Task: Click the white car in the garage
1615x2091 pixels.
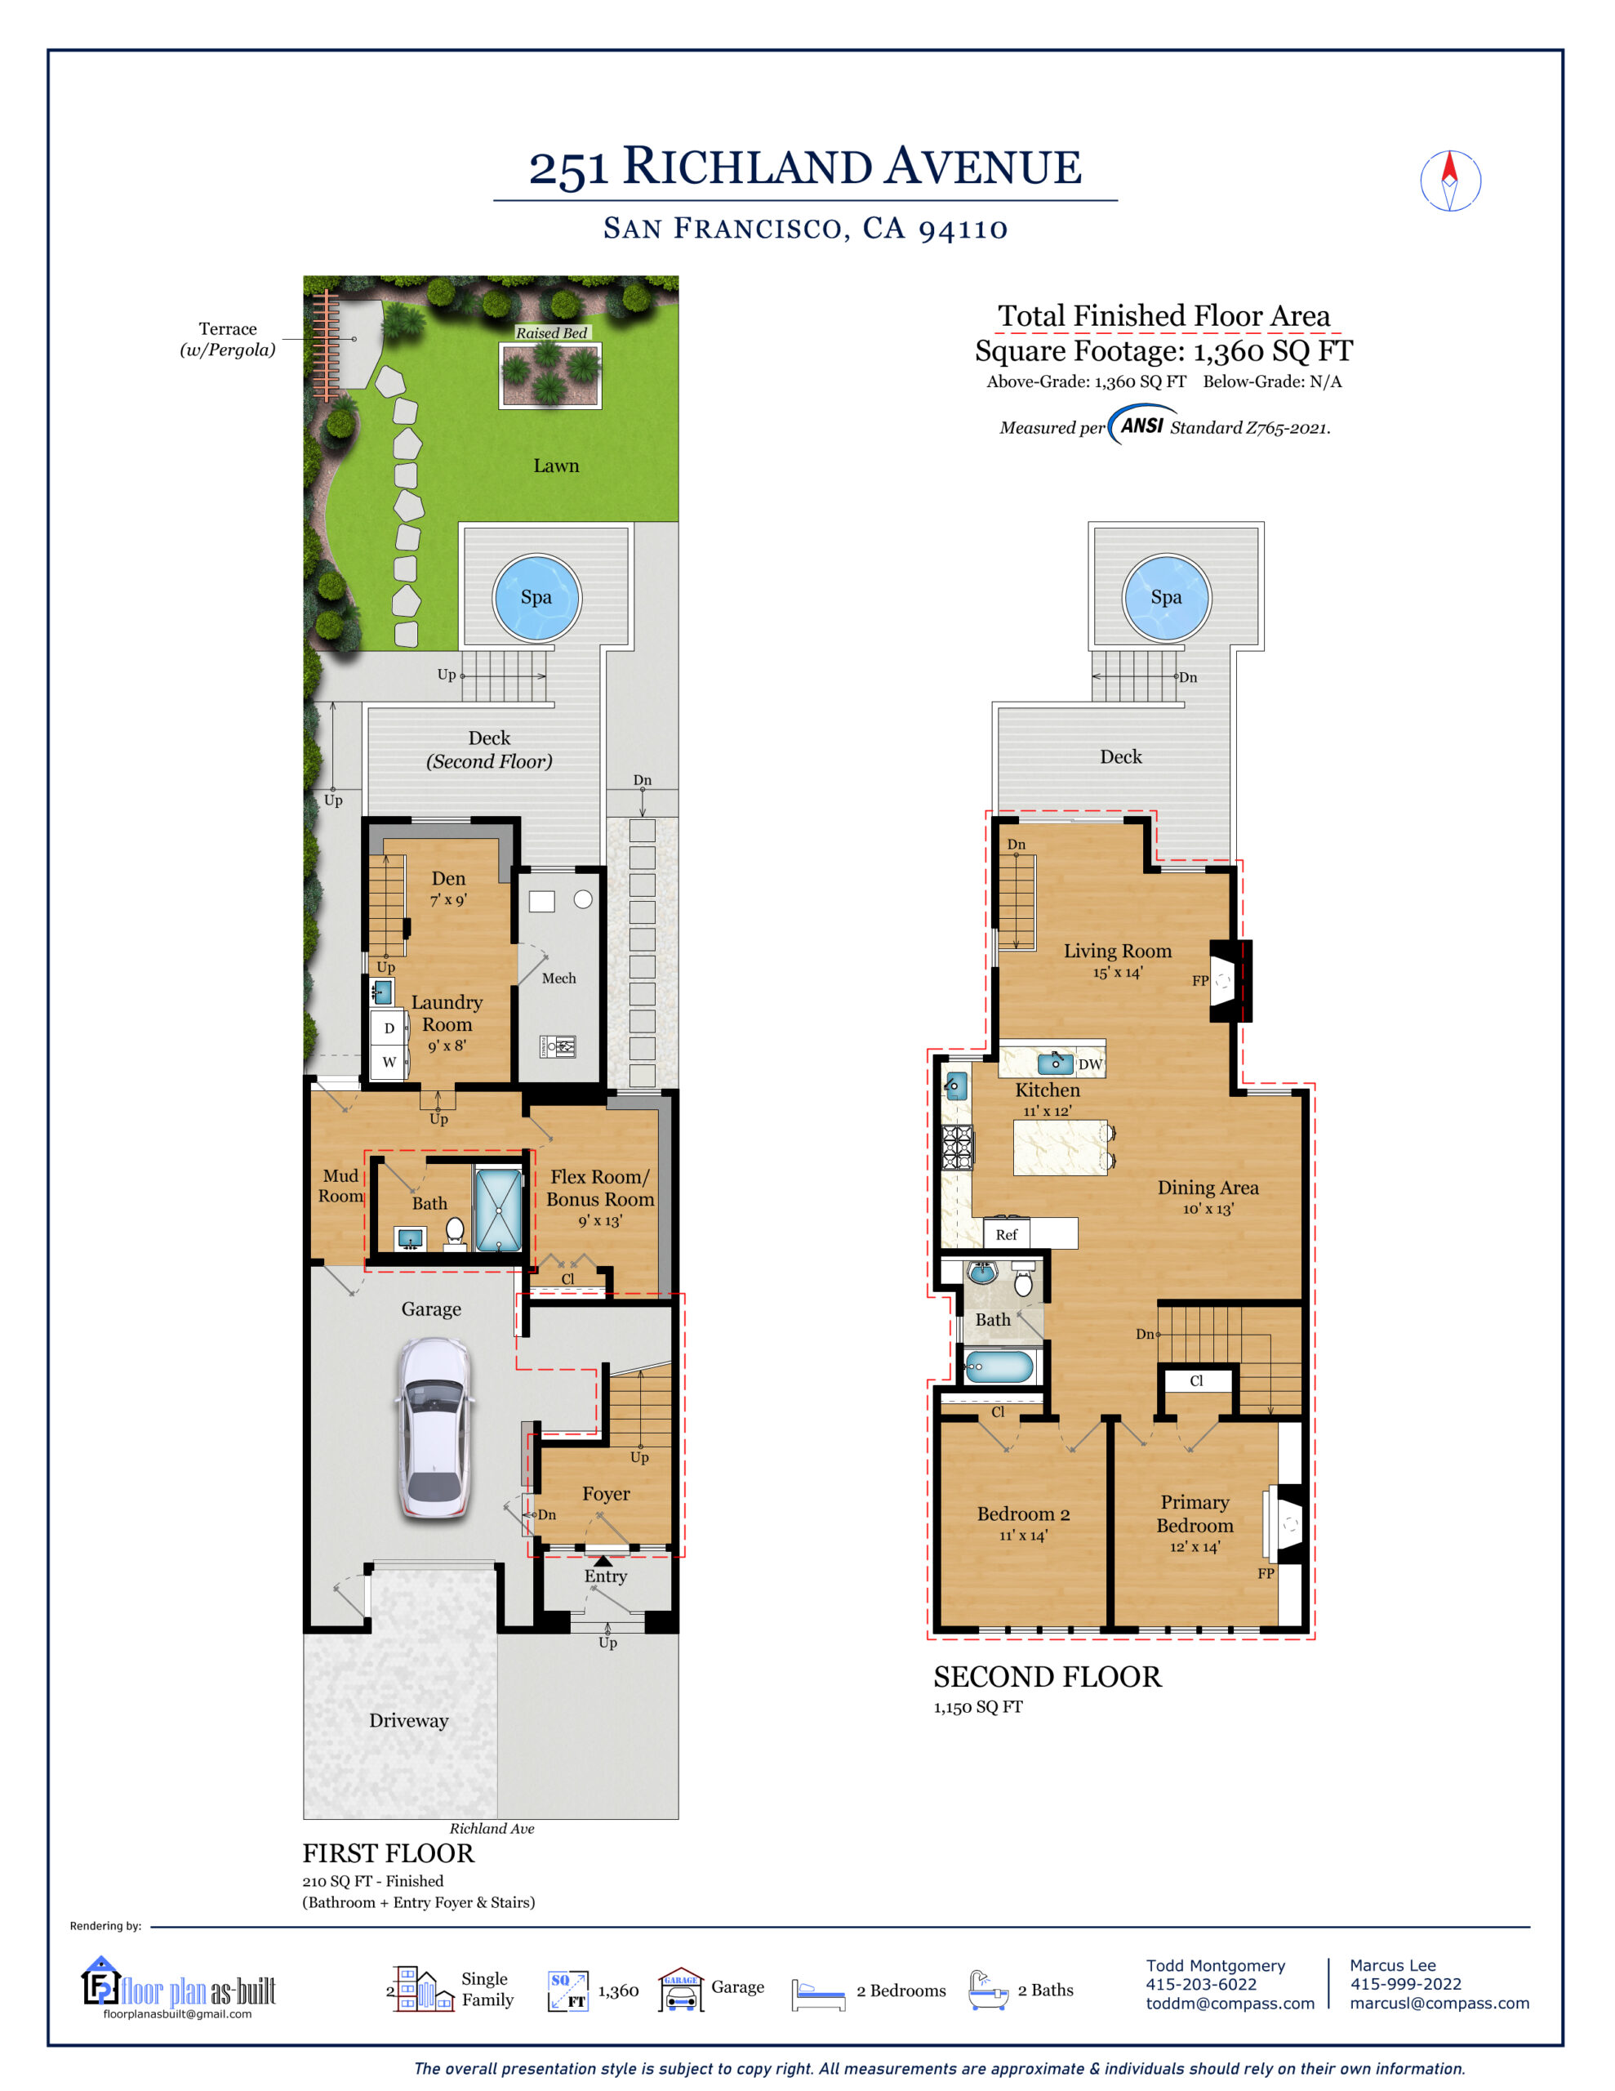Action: pyautogui.click(x=435, y=1429)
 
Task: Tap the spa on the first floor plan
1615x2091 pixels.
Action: pyautogui.click(x=536, y=597)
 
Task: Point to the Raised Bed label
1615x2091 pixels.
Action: pyautogui.click(x=551, y=333)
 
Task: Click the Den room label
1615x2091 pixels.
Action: pyautogui.click(x=448, y=879)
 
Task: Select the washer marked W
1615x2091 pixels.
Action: pyautogui.click(x=389, y=1062)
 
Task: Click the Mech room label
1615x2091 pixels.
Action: pyautogui.click(x=559, y=979)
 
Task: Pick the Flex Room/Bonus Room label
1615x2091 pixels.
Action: pyautogui.click(x=600, y=1188)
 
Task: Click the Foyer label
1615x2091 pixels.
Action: pyautogui.click(x=606, y=1494)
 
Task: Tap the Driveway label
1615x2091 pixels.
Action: pyautogui.click(x=409, y=1720)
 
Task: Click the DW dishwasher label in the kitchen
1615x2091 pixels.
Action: pyautogui.click(x=1089, y=1064)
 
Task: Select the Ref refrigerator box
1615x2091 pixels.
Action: pyautogui.click(x=1006, y=1235)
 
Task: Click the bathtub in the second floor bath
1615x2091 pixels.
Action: pyautogui.click(x=999, y=1367)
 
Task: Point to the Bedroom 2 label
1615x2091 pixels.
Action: pyautogui.click(x=1023, y=1514)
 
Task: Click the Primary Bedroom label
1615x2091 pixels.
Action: pyautogui.click(x=1195, y=1514)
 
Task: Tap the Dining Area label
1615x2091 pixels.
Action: pyautogui.click(x=1208, y=1188)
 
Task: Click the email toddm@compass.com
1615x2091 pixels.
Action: pyautogui.click(x=1230, y=2003)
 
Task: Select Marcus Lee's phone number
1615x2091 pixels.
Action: pyautogui.click(x=1405, y=1984)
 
